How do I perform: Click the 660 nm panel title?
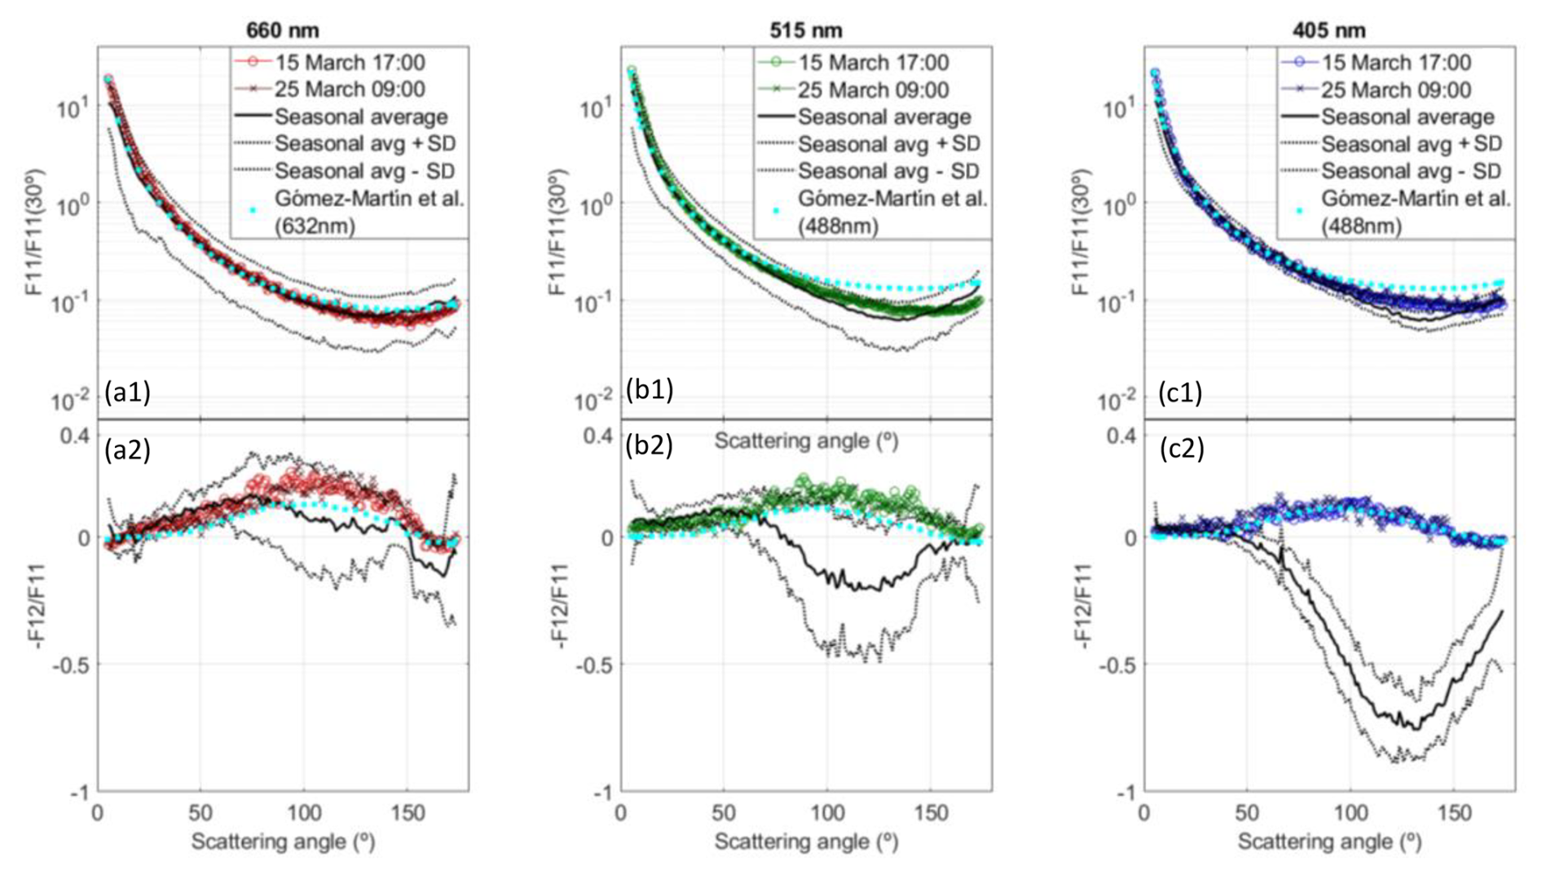[x=282, y=30]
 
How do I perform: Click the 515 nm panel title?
[x=805, y=30]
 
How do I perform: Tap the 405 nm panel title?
[x=1328, y=30]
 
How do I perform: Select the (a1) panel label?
[x=127, y=393]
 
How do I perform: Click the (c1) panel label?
[x=1180, y=393]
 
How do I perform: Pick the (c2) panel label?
[x=1181, y=448]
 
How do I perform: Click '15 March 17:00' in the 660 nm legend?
[x=350, y=63]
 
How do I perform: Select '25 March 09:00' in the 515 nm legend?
[x=873, y=90]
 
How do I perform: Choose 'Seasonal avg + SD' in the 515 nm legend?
[x=888, y=144]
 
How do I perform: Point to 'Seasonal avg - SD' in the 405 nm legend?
[x=1412, y=171]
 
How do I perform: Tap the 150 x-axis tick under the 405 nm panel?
[x=1454, y=813]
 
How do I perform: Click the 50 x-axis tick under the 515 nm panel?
[x=723, y=813]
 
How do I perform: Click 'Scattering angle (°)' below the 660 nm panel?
[x=283, y=841]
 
